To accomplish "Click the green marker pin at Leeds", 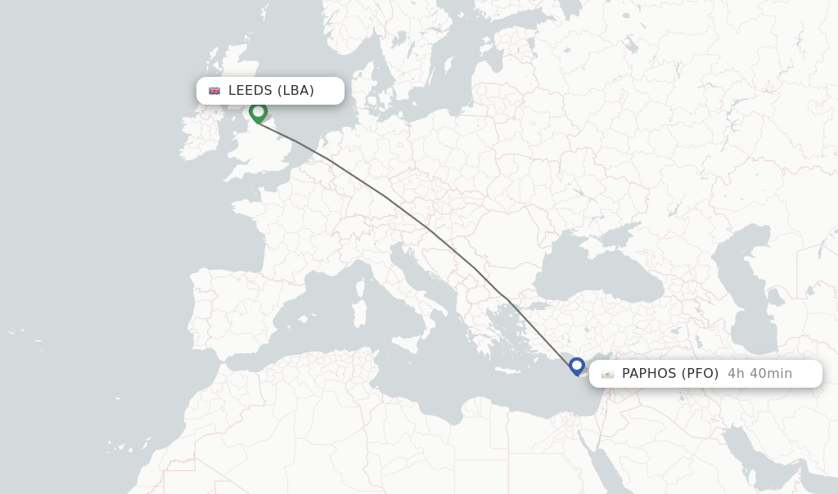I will [x=259, y=112].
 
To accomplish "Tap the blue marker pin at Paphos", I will [x=577, y=366].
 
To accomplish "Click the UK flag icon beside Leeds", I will [x=214, y=91].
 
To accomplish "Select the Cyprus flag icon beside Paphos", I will [x=607, y=374].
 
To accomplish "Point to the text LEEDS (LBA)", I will [x=271, y=91].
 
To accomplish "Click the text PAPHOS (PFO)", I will [x=670, y=374].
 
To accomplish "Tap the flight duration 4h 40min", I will [x=759, y=374].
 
